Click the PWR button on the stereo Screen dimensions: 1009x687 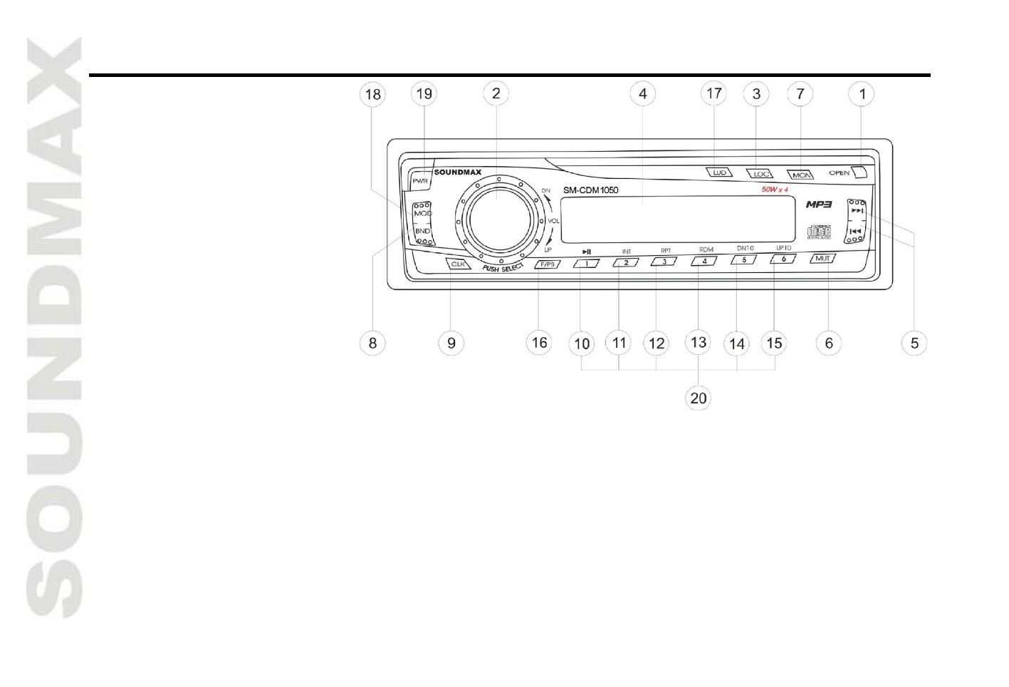(x=420, y=181)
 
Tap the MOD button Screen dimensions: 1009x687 (x=423, y=214)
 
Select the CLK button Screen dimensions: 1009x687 (x=458, y=264)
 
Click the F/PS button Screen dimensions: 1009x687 (x=547, y=264)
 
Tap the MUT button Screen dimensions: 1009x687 (x=822, y=259)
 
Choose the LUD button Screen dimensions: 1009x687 (x=719, y=172)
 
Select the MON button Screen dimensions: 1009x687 (x=801, y=175)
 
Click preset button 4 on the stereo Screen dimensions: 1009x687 (x=704, y=261)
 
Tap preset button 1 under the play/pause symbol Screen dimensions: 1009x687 (x=586, y=262)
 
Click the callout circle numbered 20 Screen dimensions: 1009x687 (x=699, y=397)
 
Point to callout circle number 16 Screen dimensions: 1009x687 (x=540, y=343)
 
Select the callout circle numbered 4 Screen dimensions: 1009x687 (x=643, y=93)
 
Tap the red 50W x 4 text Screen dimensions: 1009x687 (x=775, y=190)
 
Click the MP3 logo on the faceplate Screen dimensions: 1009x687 (x=819, y=205)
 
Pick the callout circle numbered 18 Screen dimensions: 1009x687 (x=373, y=94)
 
